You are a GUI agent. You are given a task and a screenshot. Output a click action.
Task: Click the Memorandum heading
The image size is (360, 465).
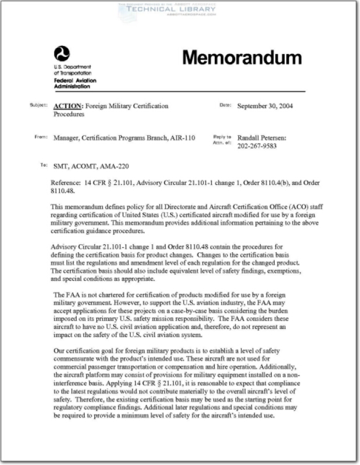pyautogui.click(x=242, y=58)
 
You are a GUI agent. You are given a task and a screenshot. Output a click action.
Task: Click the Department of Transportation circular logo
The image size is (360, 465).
pyautogui.click(x=62, y=53)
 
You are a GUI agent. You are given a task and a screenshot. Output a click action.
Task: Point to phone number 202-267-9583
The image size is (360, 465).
pyautogui.click(x=257, y=146)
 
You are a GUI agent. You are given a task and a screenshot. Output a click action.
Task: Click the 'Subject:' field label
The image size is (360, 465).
pyautogui.click(x=38, y=106)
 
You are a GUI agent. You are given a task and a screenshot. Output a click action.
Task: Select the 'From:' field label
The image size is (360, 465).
pyautogui.click(x=40, y=137)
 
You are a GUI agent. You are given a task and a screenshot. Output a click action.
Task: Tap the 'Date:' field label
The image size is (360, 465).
pyautogui.click(x=225, y=105)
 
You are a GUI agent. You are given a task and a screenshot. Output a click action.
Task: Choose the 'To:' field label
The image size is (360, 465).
pyautogui.click(x=43, y=165)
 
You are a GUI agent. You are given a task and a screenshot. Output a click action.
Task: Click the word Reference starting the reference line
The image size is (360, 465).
pyautogui.click(x=66, y=183)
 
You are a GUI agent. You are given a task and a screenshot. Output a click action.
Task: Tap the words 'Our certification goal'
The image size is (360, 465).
pyautogui.click(x=85, y=351)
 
